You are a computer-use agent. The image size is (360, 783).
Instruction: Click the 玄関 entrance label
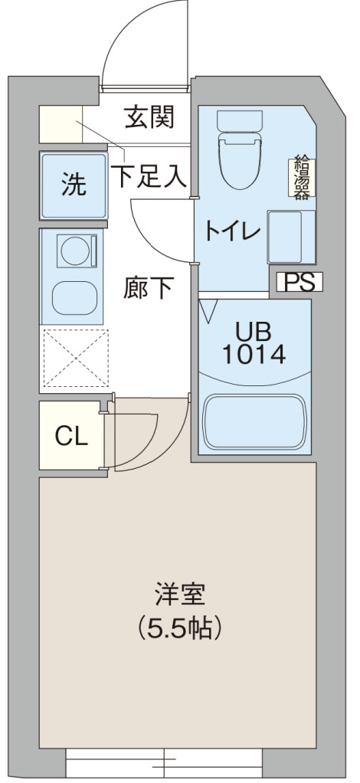coord(149,119)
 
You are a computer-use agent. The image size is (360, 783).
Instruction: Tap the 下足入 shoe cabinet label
coord(149,178)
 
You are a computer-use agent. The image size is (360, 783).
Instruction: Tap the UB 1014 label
coord(254,343)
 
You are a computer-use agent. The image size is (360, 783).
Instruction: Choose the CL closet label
coord(71,436)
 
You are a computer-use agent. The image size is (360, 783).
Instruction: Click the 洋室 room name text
coord(179,595)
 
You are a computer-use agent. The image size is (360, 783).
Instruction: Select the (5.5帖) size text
coord(179,629)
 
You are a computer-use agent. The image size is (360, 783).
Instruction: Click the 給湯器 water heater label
coord(301,177)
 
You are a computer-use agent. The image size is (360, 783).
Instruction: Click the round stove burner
coord(74,250)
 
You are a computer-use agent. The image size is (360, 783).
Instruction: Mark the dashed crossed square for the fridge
coord(75,358)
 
